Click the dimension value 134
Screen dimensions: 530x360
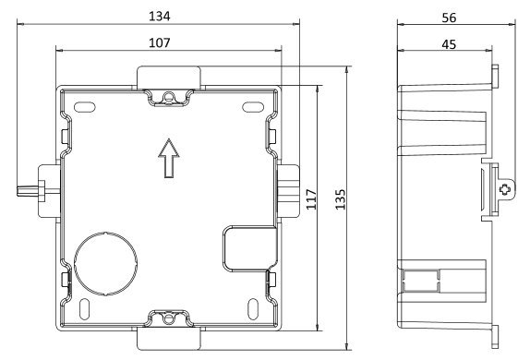[159, 16]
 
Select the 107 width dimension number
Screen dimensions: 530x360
[159, 42]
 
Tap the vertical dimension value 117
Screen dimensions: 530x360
[311, 199]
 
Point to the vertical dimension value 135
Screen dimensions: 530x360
[340, 199]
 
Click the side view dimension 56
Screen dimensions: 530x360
[449, 18]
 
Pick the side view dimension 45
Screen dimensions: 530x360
[449, 44]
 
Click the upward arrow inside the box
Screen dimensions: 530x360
[169, 158]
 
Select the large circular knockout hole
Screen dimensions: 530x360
[105, 264]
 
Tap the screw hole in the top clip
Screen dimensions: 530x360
[169, 97]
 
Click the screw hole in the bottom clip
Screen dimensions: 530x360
[168, 318]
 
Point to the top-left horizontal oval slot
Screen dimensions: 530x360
[85, 107]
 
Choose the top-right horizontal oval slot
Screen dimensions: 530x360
[253, 107]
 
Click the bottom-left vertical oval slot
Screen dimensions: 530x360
[84, 309]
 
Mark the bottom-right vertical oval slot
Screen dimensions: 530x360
[253, 309]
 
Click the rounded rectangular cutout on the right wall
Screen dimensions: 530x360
[250, 249]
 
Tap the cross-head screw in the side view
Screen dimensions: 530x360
[505, 189]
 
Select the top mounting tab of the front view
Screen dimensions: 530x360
[169, 78]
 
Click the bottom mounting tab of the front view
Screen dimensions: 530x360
[169, 339]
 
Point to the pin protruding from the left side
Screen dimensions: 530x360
[28, 191]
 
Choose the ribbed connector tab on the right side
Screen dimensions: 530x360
[288, 191]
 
